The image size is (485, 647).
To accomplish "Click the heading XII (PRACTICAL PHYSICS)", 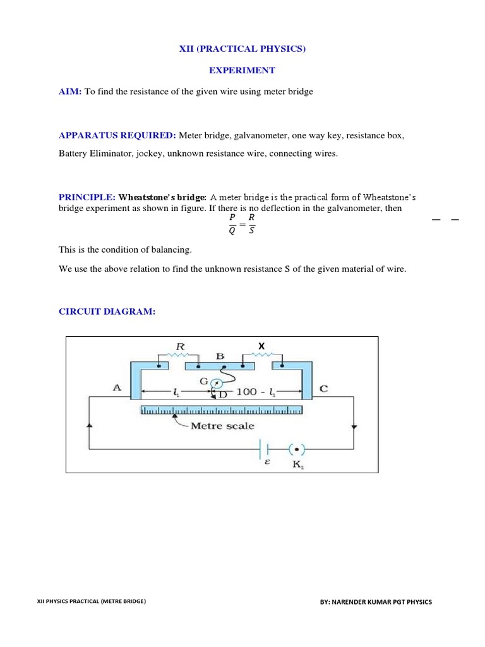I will [x=242, y=49].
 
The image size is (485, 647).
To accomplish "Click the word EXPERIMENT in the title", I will [x=242, y=70].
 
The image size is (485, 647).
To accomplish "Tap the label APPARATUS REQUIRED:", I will [x=117, y=135].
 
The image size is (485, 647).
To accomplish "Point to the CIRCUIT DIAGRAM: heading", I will [x=107, y=312].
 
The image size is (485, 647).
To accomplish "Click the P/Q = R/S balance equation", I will [x=242, y=224].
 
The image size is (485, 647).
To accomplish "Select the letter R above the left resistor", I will [x=179, y=346].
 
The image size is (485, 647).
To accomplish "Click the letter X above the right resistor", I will [x=260, y=345].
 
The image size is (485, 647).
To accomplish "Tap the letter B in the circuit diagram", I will [x=220, y=356].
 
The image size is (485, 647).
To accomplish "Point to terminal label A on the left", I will [x=117, y=389].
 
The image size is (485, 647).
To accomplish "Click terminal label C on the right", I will [x=324, y=389].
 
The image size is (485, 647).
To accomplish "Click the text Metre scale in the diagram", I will [x=222, y=426].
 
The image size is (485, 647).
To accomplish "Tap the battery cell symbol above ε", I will [x=265, y=449].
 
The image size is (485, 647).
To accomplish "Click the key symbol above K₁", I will [x=296, y=449].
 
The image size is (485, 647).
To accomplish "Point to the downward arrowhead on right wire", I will [x=354, y=427].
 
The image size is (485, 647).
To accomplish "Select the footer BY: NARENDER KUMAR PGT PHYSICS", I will [x=376, y=602].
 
